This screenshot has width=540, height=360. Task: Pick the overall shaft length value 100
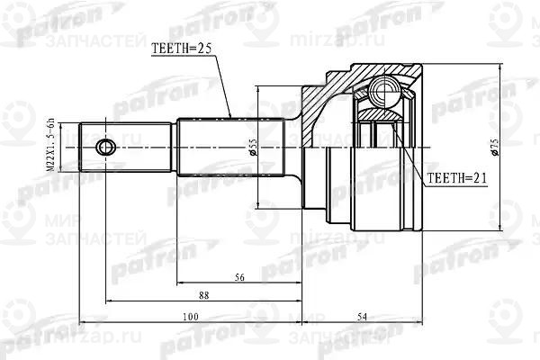189,316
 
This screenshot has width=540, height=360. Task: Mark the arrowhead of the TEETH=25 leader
231,117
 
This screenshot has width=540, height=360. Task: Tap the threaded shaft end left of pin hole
88,146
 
